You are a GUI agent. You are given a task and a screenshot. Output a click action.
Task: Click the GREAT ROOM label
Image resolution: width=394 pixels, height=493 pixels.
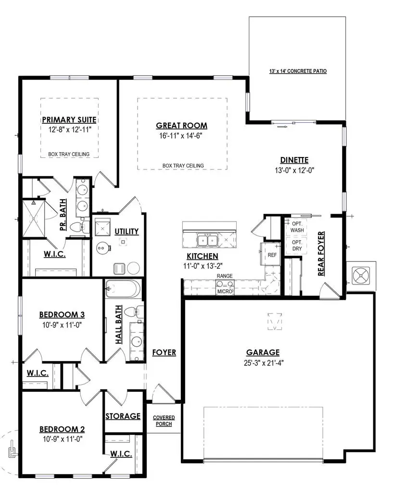[x=181, y=126]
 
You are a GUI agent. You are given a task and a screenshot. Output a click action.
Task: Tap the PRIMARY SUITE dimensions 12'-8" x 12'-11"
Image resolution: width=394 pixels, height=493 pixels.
[x=69, y=130]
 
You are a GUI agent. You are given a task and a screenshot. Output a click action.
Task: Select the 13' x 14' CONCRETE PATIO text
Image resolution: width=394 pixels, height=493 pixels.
[x=298, y=71]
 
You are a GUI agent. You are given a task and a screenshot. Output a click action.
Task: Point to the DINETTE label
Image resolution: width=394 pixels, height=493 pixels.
[x=294, y=160]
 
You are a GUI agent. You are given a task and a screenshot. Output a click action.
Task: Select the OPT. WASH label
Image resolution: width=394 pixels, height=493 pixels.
[x=297, y=227]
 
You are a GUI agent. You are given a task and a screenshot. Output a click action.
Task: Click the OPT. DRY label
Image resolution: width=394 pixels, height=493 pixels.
[x=297, y=246]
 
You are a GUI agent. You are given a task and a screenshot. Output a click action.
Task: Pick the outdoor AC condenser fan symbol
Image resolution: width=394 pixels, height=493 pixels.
[x=361, y=276]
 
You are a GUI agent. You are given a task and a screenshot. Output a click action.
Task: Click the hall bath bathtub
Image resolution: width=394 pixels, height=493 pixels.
[x=123, y=289]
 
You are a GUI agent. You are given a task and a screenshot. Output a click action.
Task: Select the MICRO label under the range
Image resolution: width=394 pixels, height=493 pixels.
[x=225, y=291]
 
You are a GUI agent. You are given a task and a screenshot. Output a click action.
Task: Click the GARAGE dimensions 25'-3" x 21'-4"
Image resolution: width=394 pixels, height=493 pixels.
[x=264, y=363]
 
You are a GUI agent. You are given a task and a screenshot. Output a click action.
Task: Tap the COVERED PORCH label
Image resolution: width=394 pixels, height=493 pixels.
[x=164, y=421]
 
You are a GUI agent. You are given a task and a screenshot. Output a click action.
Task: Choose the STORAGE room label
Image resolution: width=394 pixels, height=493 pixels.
[x=123, y=416]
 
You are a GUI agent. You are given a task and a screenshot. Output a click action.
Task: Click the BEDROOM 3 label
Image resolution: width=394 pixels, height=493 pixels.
[x=62, y=314]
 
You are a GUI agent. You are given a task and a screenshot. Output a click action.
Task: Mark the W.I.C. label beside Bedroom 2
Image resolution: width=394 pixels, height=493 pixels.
[x=121, y=454]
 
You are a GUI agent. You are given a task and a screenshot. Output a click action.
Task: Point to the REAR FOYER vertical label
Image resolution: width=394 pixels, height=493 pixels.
[x=321, y=254]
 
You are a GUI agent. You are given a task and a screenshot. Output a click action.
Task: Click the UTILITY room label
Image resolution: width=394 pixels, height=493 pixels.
[x=127, y=232]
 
